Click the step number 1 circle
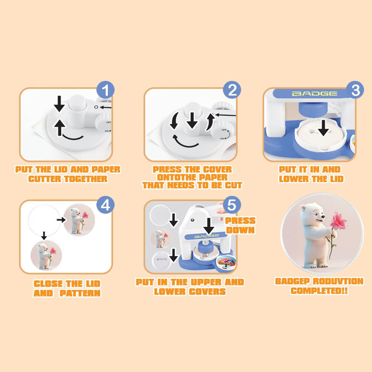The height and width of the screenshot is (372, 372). [x=105, y=90]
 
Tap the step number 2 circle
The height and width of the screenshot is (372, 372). [x=232, y=90]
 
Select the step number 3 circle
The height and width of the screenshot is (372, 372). [x=355, y=90]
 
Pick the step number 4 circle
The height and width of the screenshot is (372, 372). [x=105, y=205]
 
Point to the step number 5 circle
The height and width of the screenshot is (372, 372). [x=232, y=205]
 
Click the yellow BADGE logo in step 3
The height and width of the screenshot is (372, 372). [x=314, y=94]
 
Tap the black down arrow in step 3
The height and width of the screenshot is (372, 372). [x=323, y=128]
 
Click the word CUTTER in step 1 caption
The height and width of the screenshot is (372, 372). [x=45, y=179]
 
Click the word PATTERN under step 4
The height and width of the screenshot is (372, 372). [x=80, y=293]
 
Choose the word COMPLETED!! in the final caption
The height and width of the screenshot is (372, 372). [x=319, y=291]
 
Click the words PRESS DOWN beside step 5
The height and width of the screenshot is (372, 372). [x=240, y=225]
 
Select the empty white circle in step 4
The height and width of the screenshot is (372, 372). [x=44, y=220]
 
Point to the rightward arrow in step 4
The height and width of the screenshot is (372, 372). [x=61, y=220]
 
